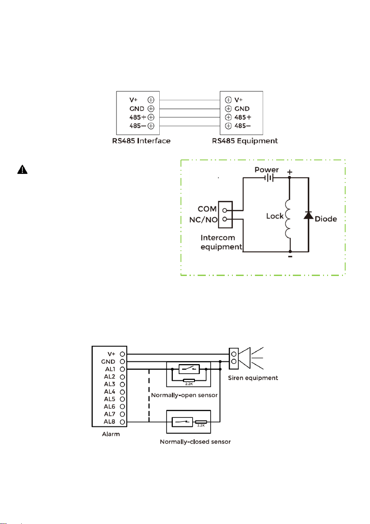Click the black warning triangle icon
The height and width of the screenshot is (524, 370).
[x=23, y=170]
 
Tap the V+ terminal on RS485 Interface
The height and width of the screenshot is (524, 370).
[x=151, y=100]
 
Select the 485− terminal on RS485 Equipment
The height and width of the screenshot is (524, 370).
[x=228, y=126]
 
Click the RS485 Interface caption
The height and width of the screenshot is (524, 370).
[x=141, y=141]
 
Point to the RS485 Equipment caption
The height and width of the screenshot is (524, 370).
[x=245, y=141]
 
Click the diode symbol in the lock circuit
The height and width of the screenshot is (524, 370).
[x=308, y=215]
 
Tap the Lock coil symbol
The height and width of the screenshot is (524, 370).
[x=288, y=219]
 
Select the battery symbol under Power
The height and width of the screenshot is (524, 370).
[x=269, y=178]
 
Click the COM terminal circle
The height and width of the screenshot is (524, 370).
[x=225, y=211]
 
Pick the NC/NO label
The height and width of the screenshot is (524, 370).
[x=203, y=220]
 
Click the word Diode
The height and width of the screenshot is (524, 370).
[x=326, y=219]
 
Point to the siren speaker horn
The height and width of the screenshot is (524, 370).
[x=245, y=358]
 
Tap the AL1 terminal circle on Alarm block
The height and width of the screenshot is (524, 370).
[x=123, y=369]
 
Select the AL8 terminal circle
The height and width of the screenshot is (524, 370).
[x=123, y=422]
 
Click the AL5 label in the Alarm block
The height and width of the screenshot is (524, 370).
[x=110, y=399]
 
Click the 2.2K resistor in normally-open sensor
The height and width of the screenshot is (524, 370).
[x=189, y=380]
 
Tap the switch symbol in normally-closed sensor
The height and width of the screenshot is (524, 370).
[x=182, y=422]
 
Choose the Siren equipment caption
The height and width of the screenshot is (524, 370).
[x=253, y=378]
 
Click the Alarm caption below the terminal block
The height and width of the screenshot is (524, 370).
[x=111, y=434]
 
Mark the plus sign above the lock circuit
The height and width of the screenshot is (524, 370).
[x=290, y=172]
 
